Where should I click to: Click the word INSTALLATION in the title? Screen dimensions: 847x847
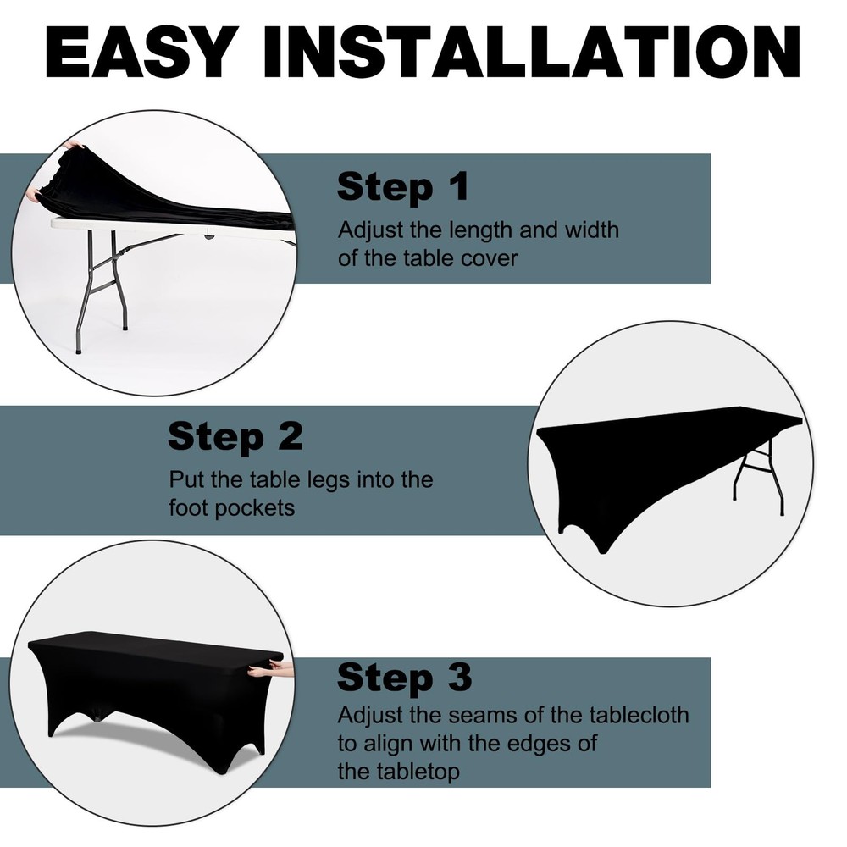(531, 53)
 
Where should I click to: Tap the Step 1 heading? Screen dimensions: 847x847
(403, 187)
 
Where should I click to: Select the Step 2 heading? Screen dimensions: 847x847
(235, 437)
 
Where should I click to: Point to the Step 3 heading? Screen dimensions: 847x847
(405, 678)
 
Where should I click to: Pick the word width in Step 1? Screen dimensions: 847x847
(591, 230)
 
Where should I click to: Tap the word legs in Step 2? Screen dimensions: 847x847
(330, 480)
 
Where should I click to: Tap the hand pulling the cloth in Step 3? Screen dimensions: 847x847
(270, 670)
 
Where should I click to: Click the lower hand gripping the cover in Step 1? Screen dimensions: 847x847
(35, 194)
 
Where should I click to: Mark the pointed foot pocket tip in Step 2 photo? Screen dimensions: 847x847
(603, 552)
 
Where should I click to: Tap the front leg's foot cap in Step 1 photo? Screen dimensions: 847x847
(79, 350)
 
